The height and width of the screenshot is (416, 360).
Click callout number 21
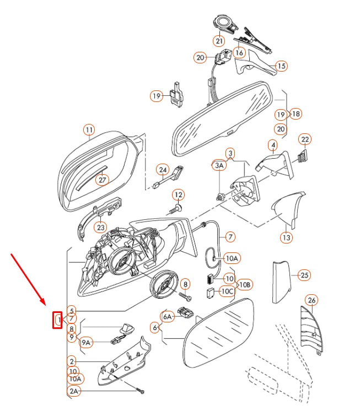point(219,41)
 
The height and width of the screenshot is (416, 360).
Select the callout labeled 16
point(239,52)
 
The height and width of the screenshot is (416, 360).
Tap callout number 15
point(281,66)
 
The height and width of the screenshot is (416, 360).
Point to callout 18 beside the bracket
point(295,114)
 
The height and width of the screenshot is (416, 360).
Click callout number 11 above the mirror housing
point(89,130)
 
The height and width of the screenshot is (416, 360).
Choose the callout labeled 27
point(103,180)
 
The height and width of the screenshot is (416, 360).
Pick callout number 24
point(163,170)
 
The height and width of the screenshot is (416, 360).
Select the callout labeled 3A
point(219,165)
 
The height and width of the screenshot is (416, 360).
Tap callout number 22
point(305,139)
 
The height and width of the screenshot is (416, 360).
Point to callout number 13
point(287,237)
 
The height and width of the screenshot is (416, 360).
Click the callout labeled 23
point(101,228)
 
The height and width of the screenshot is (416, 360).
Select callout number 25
point(304,275)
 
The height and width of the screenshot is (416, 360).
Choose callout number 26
point(311,300)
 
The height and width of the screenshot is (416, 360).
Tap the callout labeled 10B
point(245,285)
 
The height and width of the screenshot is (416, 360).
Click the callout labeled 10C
point(227,291)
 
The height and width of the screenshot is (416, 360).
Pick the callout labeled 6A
point(168,316)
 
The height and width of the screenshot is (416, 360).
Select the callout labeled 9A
point(86,343)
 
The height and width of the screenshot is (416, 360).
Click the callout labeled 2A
point(74,391)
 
